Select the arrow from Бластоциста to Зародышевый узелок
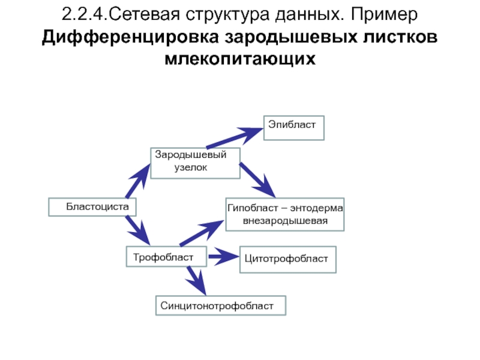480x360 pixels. (138, 181)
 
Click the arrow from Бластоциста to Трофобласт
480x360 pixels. (138, 230)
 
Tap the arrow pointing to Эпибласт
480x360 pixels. (235, 138)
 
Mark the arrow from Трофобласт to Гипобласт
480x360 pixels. (202, 233)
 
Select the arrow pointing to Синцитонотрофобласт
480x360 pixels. (196, 281)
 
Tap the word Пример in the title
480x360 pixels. (384, 14)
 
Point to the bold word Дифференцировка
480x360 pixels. (130, 37)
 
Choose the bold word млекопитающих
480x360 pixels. (240, 58)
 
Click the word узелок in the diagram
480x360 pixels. (191, 168)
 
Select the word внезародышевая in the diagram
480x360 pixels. (286, 221)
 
